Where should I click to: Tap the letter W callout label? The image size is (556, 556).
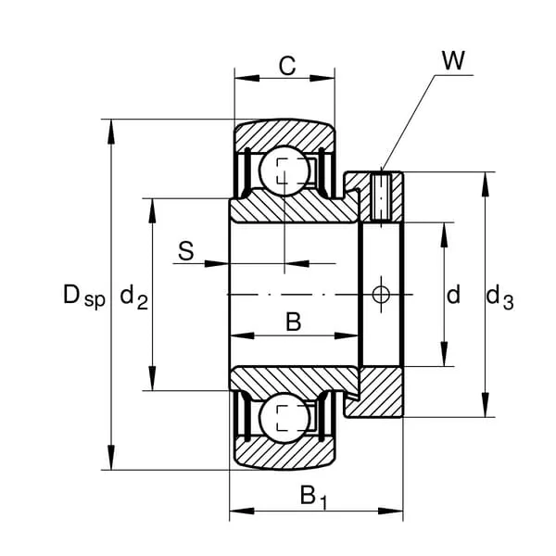pyautogui.click(x=453, y=61)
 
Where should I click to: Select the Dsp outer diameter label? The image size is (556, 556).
pyautogui.click(x=83, y=297)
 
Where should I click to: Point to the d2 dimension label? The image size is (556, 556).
pyautogui.click(x=134, y=298)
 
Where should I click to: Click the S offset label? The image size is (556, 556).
pyautogui.click(x=185, y=250)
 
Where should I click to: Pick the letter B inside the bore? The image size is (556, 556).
pyautogui.click(x=293, y=322)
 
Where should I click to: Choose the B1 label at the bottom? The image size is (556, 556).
pyautogui.click(x=313, y=498)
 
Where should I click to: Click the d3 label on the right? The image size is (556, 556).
pyautogui.click(x=499, y=297)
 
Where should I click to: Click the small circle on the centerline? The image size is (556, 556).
pyautogui.click(x=381, y=295)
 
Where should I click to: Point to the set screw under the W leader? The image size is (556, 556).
pyautogui.click(x=383, y=196)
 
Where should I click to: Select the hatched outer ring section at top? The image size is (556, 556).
pyautogui.click(x=284, y=135)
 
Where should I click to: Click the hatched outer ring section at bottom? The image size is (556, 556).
pyautogui.click(x=284, y=453)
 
